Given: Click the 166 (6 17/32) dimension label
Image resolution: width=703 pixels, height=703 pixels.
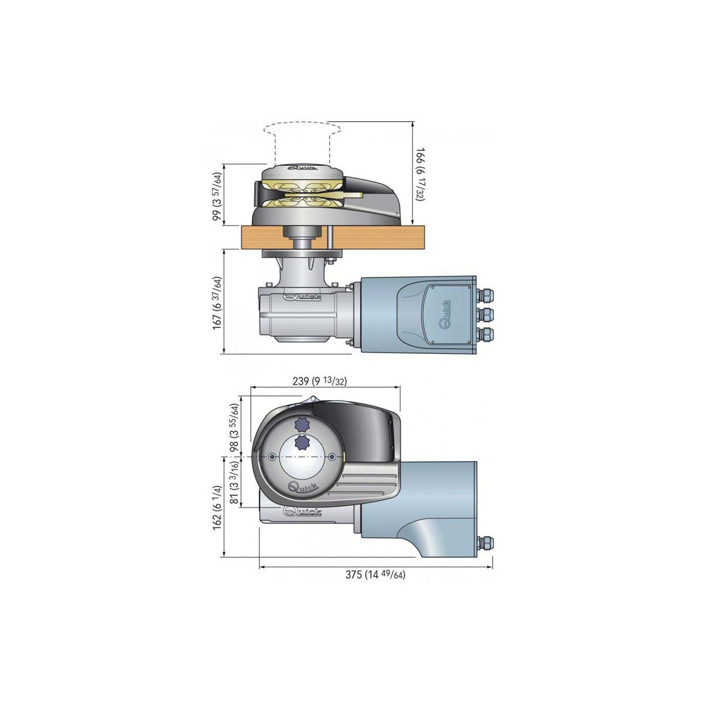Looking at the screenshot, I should pos(419,174).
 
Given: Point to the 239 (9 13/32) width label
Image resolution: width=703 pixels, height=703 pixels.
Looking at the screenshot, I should pos(319,381).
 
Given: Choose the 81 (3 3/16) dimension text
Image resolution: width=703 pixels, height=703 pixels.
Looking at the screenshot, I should pos(234,482).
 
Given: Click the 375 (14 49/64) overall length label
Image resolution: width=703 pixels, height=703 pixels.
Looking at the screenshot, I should pos(375,575).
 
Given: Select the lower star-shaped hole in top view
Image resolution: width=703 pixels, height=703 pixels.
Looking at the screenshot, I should pos(302,443).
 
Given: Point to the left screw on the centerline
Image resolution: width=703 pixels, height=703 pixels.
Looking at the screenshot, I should pos(273,456).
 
